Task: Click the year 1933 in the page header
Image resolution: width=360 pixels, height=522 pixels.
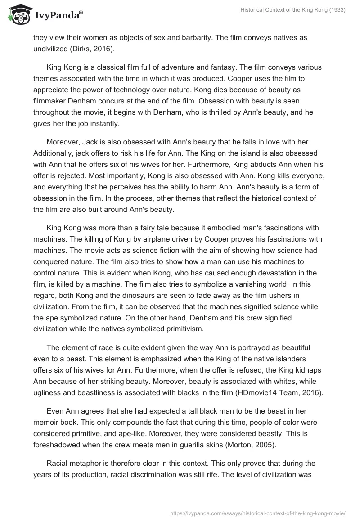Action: pyautogui.click(x=336, y=11)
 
